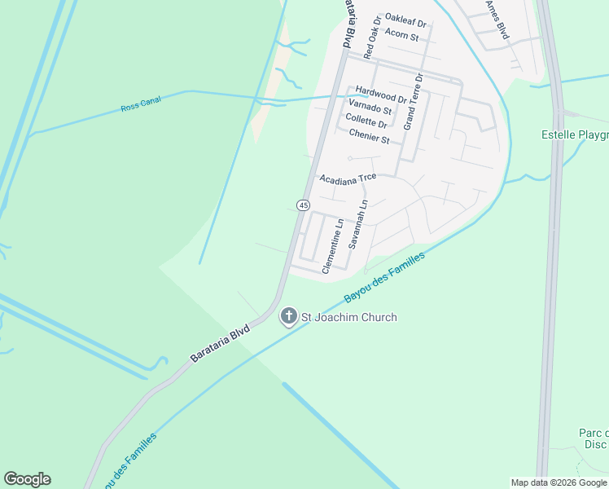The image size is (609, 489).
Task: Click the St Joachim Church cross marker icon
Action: (x=288, y=316)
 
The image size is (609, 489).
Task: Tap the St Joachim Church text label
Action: (x=349, y=317)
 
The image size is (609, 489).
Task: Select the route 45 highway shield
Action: (x=303, y=205)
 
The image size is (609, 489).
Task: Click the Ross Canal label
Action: (x=141, y=104)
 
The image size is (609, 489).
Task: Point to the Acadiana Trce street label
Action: (x=348, y=178)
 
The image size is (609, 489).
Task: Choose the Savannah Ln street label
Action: (x=358, y=224)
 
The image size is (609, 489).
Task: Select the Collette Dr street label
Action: (x=366, y=123)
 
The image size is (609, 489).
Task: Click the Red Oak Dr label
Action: (x=372, y=37)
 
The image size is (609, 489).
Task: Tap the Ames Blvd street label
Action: (x=496, y=20)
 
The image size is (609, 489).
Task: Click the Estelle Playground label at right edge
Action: (x=575, y=134)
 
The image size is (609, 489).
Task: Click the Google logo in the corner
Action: (x=27, y=479)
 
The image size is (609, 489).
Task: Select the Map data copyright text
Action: (x=559, y=482)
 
